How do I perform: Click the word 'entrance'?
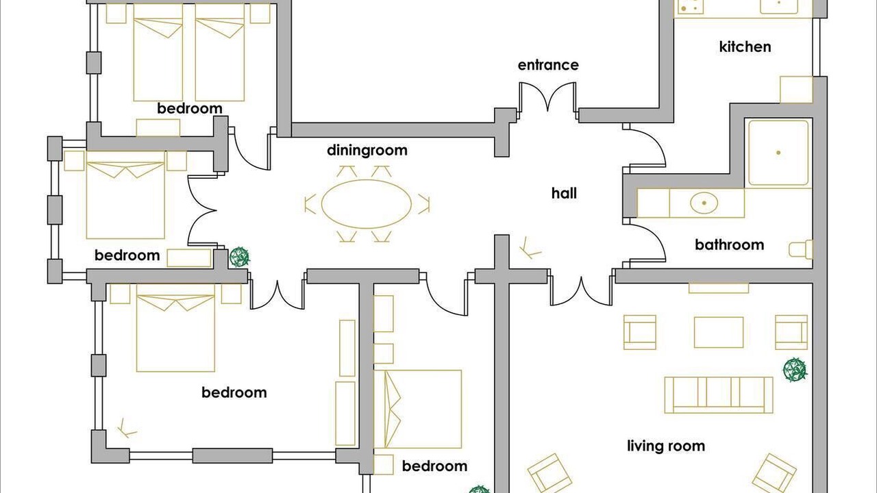pyautogui.click(x=548, y=65)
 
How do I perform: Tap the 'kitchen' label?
pyautogui.click(x=745, y=47)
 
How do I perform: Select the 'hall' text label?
pyautogui.click(x=564, y=193)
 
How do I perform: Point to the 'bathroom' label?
pyautogui.click(x=730, y=245)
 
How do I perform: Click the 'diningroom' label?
pyautogui.click(x=367, y=150)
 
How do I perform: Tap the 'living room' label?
pyautogui.click(x=666, y=446)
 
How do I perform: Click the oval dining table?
pyautogui.click(x=367, y=204)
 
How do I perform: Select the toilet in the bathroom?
pyautogui.click(x=801, y=249)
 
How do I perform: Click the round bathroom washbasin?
pyautogui.click(x=704, y=203)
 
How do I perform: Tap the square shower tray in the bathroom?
pyautogui.click(x=778, y=153)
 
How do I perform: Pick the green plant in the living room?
pyautogui.click(x=795, y=369)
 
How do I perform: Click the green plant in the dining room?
pyautogui.click(x=239, y=257)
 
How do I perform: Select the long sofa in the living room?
pyautogui.click(x=719, y=395)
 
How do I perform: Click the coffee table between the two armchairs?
pyautogui.click(x=719, y=332)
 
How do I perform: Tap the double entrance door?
pyautogui.click(x=547, y=98)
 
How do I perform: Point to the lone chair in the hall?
pyautogui.click(x=530, y=248)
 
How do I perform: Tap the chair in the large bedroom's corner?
pyautogui.click(x=127, y=428)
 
